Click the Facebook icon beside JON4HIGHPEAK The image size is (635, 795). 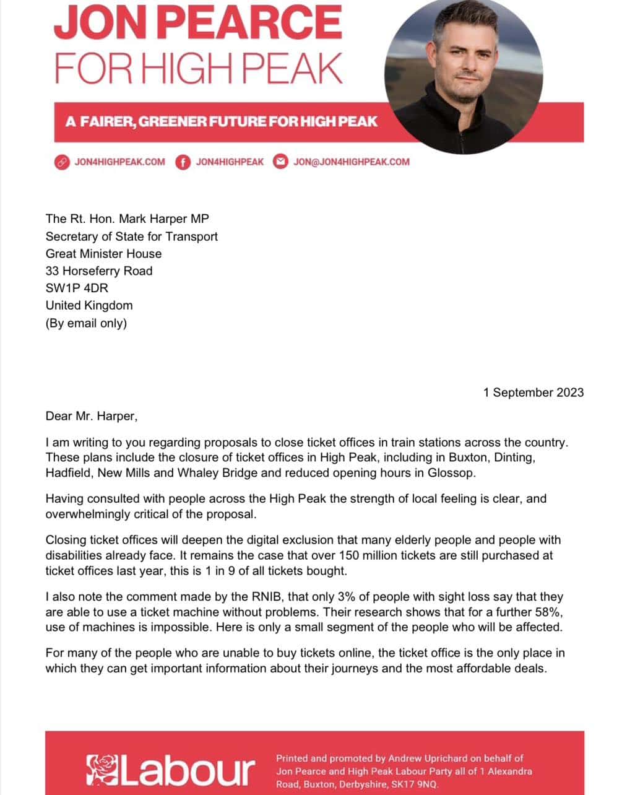click(183, 162)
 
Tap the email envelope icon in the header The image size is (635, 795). click(281, 162)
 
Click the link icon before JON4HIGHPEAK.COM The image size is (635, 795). click(61, 162)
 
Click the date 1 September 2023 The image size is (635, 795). click(533, 393)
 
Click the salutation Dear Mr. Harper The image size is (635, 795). click(91, 416)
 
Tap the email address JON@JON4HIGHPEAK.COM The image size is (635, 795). click(351, 162)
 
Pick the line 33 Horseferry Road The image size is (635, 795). click(99, 271)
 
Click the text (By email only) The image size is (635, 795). click(86, 323)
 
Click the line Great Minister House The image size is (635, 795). click(103, 253)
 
